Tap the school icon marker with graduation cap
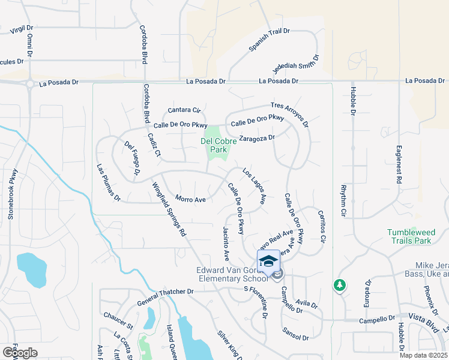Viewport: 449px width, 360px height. (268, 261)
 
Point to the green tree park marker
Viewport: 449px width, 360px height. (340, 285)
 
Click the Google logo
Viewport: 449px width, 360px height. (20, 352)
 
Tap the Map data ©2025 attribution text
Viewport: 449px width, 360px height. (423, 355)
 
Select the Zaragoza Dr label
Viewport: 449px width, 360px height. (256, 137)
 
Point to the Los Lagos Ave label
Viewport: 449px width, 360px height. (254, 187)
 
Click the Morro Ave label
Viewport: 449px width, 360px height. (190, 199)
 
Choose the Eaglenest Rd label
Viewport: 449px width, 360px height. (397, 164)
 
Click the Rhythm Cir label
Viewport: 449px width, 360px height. (343, 200)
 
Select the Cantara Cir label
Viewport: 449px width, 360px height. (184, 110)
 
